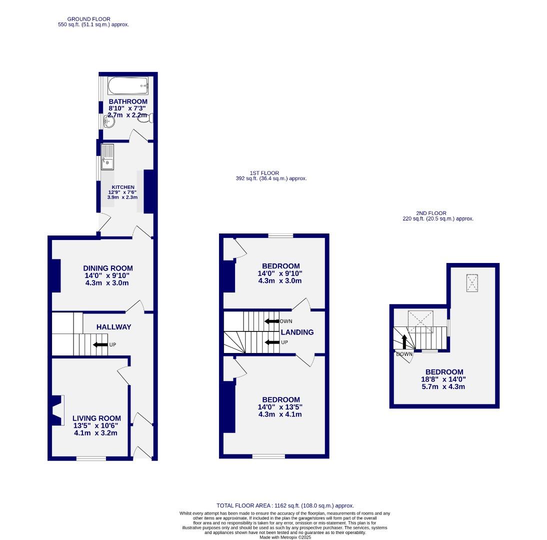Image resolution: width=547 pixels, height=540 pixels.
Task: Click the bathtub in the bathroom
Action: pyautogui.click(x=128, y=86)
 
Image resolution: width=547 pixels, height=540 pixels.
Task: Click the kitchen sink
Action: pyautogui.click(x=107, y=155)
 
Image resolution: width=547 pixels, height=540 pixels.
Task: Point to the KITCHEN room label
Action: pyautogui.click(x=122, y=187)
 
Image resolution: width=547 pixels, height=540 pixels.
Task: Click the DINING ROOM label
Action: pyautogui.click(x=108, y=268)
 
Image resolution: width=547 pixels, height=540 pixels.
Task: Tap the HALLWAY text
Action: pyautogui.click(x=114, y=327)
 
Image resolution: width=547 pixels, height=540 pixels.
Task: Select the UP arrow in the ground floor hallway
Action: pyautogui.click(x=100, y=344)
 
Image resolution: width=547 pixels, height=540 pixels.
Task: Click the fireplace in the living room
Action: pyautogui.click(x=58, y=410)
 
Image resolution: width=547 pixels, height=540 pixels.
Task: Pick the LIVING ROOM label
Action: pyautogui.click(x=96, y=418)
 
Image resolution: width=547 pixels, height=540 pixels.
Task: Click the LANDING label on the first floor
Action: pyautogui.click(x=297, y=332)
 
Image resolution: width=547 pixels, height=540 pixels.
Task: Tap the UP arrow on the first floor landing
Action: pyautogui.click(x=272, y=342)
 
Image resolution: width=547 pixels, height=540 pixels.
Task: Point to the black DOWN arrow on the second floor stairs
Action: pyautogui.click(x=404, y=341)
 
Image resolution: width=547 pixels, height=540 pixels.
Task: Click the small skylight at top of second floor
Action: pyautogui.click(x=472, y=283)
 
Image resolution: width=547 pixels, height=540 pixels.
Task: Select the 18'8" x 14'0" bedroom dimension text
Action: pyautogui.click(x=444, y=379)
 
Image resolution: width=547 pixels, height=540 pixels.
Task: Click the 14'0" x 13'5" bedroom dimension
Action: pyautogui.click(x=280, y=407)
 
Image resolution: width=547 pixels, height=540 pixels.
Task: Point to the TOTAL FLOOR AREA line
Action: pyautogui.click(x=285, y=506)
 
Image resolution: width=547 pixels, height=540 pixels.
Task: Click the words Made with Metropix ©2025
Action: pyautogui.click(x=285, y=537)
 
